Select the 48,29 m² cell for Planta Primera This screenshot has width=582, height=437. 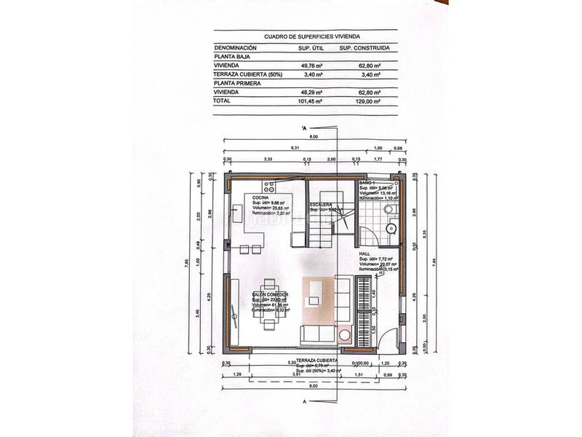pyautogui.click(x=311, y=92)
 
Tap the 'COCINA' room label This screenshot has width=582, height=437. pyautogui.click(x=260, y=197)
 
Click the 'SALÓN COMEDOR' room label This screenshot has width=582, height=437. pyautogui.click(x=270, y=294)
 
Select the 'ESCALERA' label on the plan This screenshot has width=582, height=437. pyautogui.click(x=321, y=205)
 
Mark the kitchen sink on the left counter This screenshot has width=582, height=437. pyautogui.click(x=237, y=213)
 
